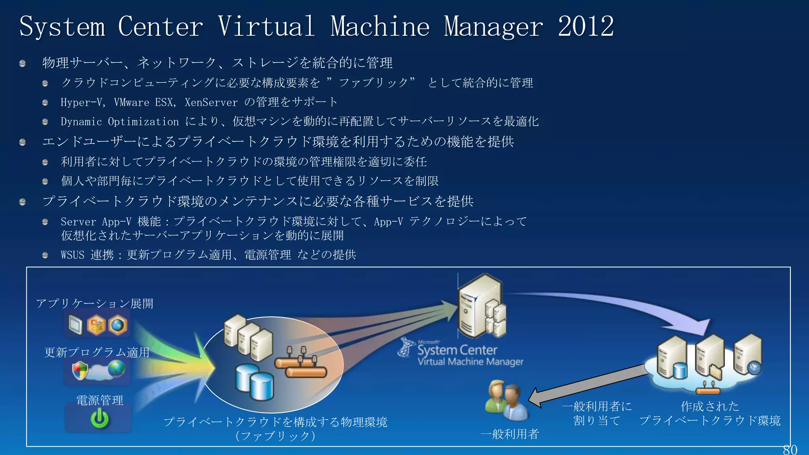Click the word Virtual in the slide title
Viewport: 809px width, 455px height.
tap(266, 27)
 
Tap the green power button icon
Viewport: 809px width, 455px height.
tap(100, 419)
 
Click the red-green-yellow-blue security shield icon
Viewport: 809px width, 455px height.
tap(80, 370)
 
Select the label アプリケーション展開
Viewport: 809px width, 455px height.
tap(94, 303)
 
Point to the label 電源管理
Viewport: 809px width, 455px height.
tap(100, 400)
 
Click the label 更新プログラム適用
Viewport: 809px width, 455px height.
tap(97, 352)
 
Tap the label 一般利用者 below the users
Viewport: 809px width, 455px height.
tap(510, 434)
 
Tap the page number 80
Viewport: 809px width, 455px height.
tap(790, 449)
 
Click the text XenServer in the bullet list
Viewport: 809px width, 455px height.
tap(211, 102)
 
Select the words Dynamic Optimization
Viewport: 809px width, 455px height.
tap(120, 122)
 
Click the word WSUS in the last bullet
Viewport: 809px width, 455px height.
tap(73, 255)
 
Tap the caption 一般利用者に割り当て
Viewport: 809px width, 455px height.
tap(596, 413)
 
